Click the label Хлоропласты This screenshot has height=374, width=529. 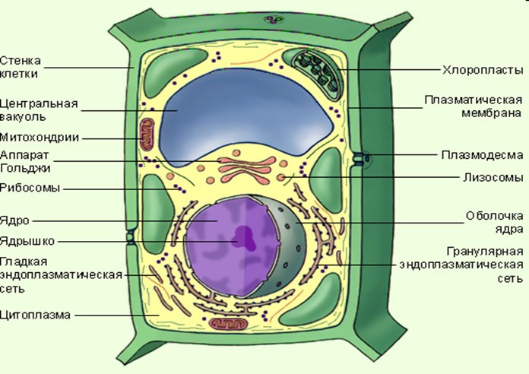[483, 70]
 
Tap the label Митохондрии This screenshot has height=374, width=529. [40, 138]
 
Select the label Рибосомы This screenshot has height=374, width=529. [30, 188]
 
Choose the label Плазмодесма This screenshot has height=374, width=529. [482, 156]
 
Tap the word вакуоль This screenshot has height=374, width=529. [23, 117]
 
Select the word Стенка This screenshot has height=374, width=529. [20, 60]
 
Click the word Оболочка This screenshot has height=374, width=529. [494, 215]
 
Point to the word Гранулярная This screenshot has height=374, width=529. [483, 252]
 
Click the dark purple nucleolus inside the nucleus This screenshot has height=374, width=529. [245, 237]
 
